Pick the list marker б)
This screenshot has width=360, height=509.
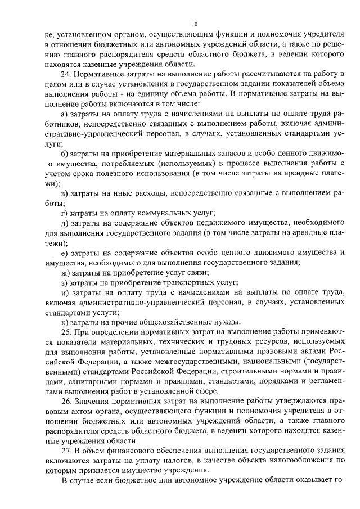(65, 153)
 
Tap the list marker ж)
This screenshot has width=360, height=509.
(65, 272)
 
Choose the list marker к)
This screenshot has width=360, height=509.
(64, 322)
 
